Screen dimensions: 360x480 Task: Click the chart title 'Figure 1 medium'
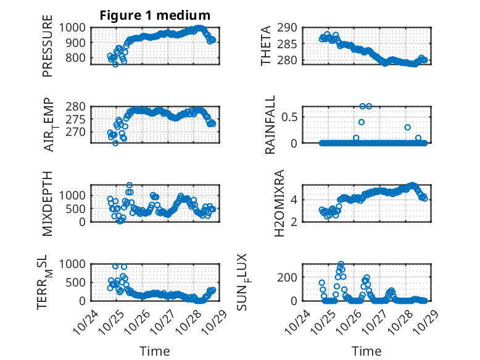pos(155,15)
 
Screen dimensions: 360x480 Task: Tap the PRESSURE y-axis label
pos(48,50)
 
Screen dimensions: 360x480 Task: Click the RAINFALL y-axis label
pos(270,128)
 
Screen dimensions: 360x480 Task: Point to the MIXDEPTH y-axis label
pos(48,203)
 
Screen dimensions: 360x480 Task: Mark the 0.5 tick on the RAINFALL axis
pos(291,117)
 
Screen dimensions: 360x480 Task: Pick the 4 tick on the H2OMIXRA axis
pos(296,199)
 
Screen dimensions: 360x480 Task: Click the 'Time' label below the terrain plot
pos(155,351)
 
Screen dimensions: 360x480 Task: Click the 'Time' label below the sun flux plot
pos(366,351)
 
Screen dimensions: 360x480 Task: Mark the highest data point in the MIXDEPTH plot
pos(130,185)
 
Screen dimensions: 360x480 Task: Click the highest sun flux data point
pos(341,264)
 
